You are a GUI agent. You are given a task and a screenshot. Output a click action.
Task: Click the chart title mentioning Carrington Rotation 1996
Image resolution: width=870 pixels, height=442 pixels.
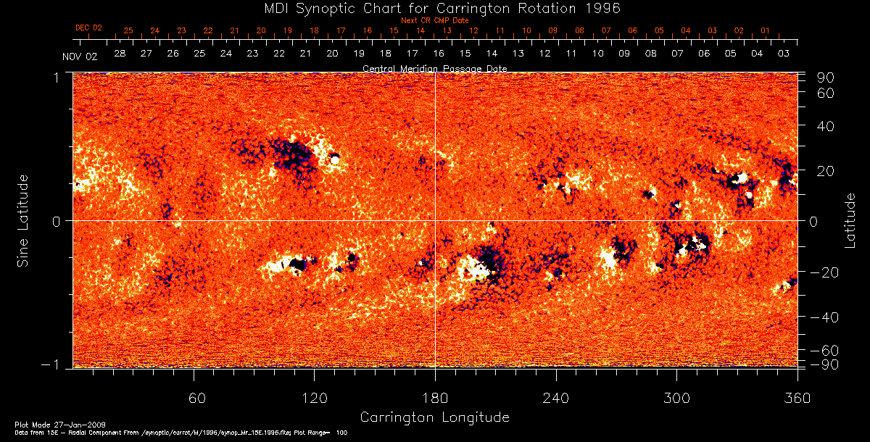[x=435, y=8]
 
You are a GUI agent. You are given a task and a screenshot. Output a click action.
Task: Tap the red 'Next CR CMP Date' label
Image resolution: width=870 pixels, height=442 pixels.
[x=435, y=20]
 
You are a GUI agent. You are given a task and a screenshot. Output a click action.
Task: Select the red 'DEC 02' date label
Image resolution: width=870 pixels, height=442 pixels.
[x=88, y=28]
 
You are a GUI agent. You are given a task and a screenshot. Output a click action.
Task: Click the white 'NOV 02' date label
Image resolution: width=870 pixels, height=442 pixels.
[x=80, y=57]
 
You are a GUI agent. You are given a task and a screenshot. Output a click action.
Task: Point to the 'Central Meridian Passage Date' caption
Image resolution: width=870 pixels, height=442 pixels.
[x=434, y=68]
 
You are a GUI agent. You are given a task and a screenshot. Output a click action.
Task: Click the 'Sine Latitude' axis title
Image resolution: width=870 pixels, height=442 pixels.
[x=23, y=220]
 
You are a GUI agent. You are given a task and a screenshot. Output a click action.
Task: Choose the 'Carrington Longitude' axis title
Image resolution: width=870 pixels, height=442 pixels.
[x=434, y=417]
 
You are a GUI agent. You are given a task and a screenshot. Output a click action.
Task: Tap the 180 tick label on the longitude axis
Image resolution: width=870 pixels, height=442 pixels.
[x=435, y=398]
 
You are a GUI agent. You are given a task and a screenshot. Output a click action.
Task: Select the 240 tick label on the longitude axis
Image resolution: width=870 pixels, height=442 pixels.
[x=556, y=398]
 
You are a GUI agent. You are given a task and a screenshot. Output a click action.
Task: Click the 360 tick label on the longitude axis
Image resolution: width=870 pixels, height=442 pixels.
[x=797, y=398]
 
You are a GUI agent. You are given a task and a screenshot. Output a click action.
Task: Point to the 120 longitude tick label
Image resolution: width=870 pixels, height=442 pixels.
[x=315, y=398]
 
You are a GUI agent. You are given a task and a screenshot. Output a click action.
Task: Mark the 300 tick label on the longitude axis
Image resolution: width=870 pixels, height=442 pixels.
[x=676, y=398]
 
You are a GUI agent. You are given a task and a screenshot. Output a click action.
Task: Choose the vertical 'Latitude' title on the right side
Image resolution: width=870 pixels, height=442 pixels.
[x=850, y=220]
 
